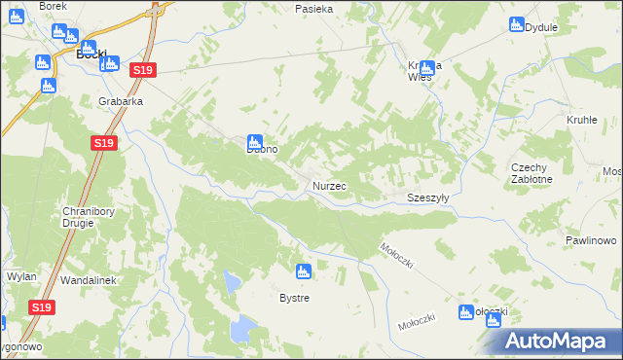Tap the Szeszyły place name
tap(426, 198)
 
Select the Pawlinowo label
tap(591, 239)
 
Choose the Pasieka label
tap(314, 9)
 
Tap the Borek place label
tap(53, 6)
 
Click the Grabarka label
tap(121, 100)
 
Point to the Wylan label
tap(21, 276)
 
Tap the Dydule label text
tap(541, 27)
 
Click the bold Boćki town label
tap(91, 54)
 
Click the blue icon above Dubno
tap(255, 141)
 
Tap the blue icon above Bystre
tap(304, 270)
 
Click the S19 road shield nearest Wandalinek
tap(40, 307)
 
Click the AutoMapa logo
tap(558, 341)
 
